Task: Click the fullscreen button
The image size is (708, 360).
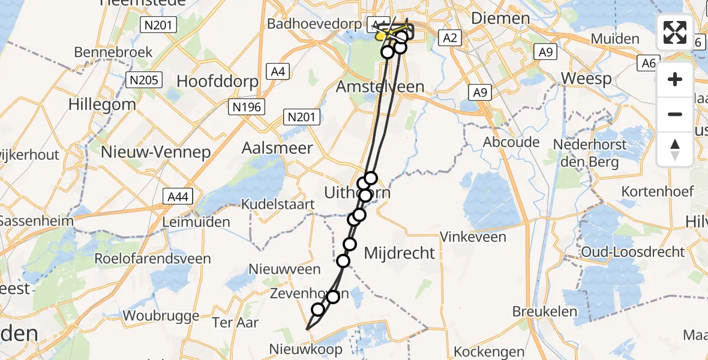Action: tap(675, 32)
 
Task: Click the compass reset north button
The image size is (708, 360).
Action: tap(675, 149)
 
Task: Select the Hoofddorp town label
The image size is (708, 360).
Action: tap(218, 82)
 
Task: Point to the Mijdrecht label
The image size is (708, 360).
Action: tap(399, 253)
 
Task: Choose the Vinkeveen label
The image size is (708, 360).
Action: tap(473, 237)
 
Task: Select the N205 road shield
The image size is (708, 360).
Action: tap(144, 79)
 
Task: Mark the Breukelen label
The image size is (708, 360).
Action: tap(545, 311)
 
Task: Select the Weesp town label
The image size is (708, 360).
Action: tap(587, 79)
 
